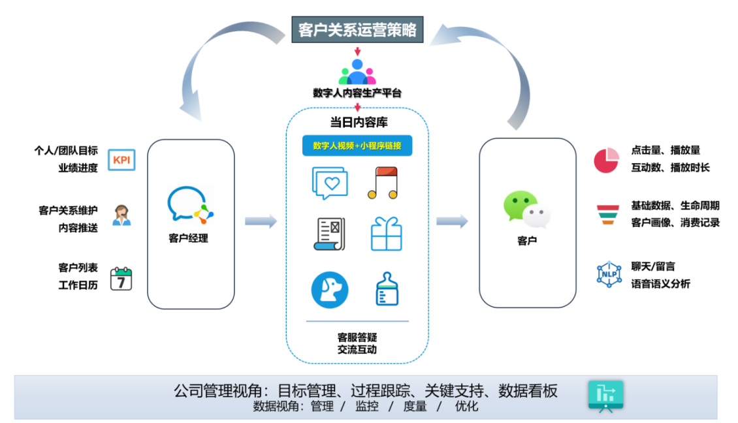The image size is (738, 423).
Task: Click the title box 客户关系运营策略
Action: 357,29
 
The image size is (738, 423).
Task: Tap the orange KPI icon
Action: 121,160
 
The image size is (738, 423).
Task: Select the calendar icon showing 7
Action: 121,279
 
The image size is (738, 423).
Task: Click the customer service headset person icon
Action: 121,215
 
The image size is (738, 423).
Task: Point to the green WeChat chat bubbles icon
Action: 526,210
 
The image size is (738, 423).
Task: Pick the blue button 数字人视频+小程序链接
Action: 357,146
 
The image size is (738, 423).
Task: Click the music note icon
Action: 383,183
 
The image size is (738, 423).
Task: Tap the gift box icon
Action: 387,234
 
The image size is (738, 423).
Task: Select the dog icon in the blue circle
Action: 330,290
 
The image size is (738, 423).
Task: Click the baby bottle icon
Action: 387,289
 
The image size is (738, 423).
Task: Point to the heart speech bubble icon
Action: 330,183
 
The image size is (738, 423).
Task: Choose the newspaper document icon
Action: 329,234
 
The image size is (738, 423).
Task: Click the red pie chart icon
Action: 606,161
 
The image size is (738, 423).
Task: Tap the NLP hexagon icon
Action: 609,274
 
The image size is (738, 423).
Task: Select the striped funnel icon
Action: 607,215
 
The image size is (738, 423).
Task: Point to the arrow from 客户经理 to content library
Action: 261,221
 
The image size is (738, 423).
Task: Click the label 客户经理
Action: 188,238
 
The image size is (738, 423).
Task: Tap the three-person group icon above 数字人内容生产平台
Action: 357,72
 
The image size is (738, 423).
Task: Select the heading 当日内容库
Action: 359,122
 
